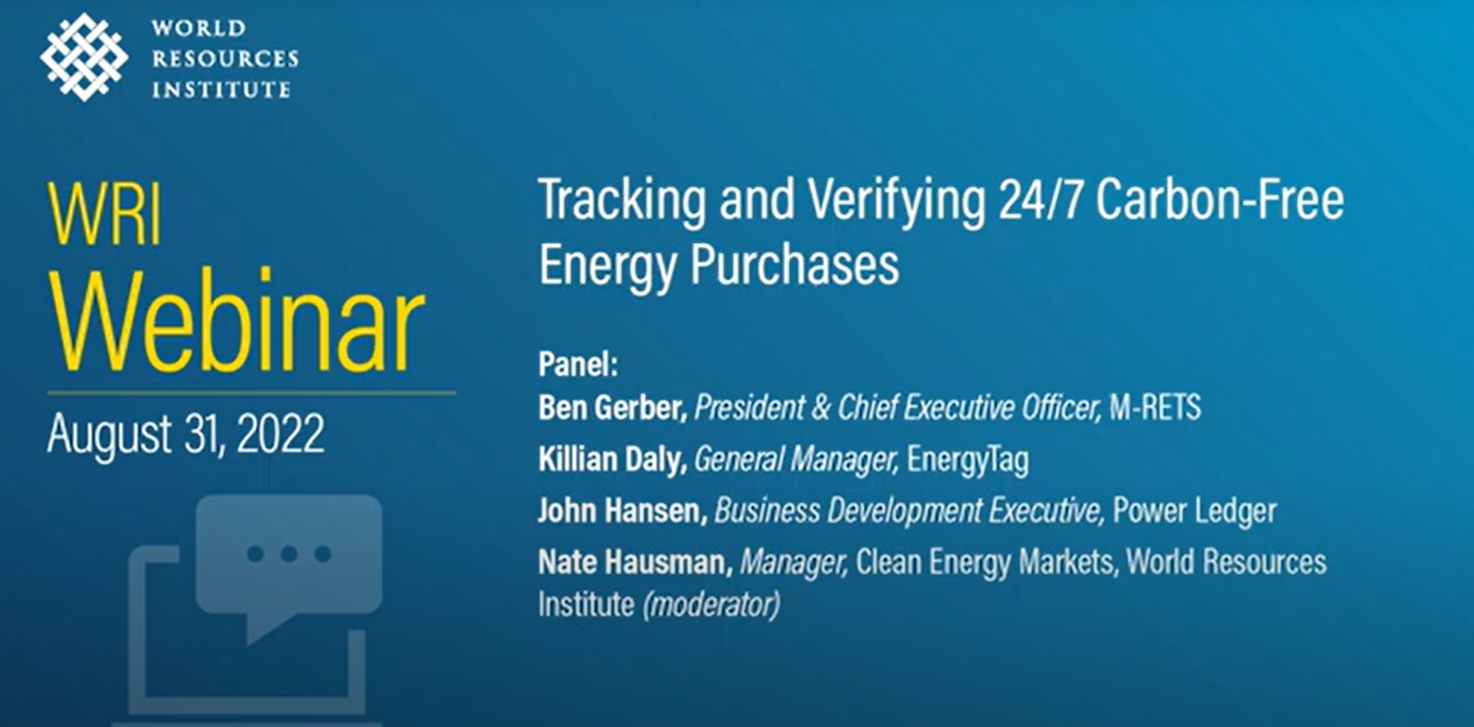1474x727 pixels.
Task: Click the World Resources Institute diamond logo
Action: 84,57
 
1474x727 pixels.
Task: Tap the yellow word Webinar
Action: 237,323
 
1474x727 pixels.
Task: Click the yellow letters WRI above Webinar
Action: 104,215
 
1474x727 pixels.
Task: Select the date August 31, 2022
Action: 186,433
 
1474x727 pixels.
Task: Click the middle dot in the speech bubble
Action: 289,555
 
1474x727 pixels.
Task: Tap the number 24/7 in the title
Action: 1040,200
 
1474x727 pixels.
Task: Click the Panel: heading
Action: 578,364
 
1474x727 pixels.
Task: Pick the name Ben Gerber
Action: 612,407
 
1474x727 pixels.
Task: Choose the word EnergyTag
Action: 968,460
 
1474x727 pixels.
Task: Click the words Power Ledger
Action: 1194,511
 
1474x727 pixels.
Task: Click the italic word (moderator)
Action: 711,605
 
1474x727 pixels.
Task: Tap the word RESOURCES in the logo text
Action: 225,59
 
